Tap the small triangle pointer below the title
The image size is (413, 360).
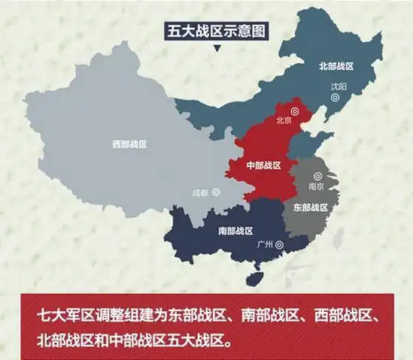[x=217, y=50]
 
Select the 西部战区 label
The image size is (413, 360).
[x=129, y=144]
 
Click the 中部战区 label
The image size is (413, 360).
[x=263, y=165]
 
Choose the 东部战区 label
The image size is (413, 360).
[x=310, y=206]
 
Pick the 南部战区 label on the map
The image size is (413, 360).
[x=235, y=230]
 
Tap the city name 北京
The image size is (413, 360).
[x=284, y=119]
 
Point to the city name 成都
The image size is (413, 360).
[x=200, y=191]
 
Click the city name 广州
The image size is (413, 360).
[x=264, y=244]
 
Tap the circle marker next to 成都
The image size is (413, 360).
[x=217, y=192]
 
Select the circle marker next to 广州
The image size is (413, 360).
[x=280, y=244]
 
